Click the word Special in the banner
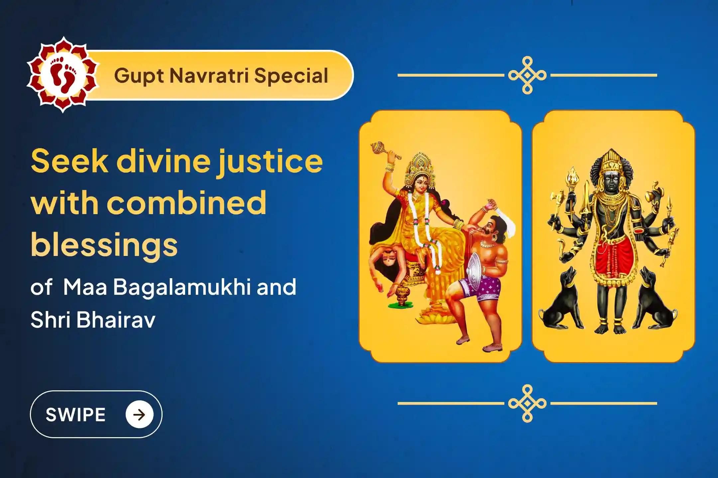[x=291, y=76]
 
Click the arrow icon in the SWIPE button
[x=139, y=414]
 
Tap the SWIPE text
[x=75, y=415]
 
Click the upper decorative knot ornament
[x=527, y=75]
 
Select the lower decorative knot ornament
[x=527, y=404]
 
